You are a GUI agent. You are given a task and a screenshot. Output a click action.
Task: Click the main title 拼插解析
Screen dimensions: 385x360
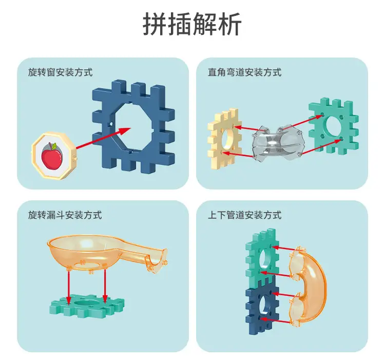192,24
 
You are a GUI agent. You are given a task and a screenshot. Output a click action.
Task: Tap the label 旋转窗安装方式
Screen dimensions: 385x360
61,72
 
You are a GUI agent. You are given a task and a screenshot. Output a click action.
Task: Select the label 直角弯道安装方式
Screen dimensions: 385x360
244,72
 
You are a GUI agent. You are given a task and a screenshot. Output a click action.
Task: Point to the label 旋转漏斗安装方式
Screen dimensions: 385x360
65,215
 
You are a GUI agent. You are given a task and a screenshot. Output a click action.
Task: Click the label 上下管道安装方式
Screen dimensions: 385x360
244,215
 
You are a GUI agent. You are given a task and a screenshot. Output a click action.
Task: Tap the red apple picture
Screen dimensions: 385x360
52,156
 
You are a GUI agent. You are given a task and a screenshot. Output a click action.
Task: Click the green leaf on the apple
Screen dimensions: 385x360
54,146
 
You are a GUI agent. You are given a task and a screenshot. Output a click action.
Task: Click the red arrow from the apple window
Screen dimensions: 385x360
103,138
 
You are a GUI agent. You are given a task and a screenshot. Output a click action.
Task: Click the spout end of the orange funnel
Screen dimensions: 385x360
157,261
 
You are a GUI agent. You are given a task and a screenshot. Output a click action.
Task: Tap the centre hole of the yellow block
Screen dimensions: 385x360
228,140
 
